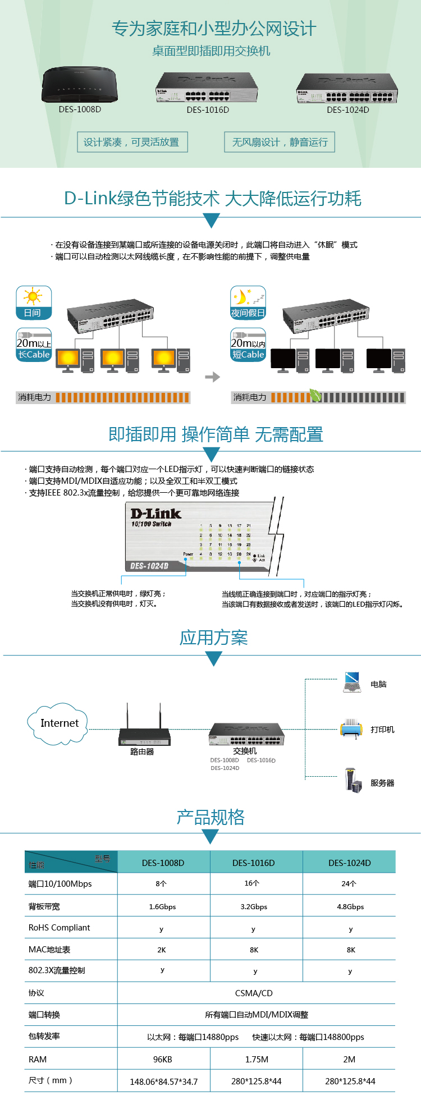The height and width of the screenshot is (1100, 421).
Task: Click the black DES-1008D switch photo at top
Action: tap(80, 85)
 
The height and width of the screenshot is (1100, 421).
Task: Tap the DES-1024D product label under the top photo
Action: tap(348, 110)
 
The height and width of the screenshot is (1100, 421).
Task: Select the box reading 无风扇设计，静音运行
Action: tap(280, 142)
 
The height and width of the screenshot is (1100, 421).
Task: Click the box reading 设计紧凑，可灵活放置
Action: tap(132, 142)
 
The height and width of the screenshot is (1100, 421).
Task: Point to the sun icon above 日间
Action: tap(33, 296)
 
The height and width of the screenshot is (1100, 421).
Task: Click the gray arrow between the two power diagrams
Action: tap(212, 377)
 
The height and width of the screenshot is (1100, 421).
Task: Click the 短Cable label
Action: tap(248, 355)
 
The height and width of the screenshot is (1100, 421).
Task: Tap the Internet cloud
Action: tap(58, 723)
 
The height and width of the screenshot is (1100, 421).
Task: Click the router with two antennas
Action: tap(144, 730)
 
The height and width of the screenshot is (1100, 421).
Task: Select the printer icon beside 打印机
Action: tap(351, 729)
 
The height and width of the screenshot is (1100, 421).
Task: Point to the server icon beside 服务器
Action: tap(353, 780)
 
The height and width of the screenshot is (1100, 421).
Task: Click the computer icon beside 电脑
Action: tap(352, 682)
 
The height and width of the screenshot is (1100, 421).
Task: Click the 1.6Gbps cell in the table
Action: tap(162, 906)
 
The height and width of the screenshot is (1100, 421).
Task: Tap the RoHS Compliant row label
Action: tap(60, 928)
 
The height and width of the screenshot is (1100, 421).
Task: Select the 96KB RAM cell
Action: tap(162, 1059)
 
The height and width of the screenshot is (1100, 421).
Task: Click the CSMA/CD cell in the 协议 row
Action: tap(254, 993)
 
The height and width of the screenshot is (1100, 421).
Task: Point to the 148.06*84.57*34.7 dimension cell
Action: tap(164, 1081)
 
